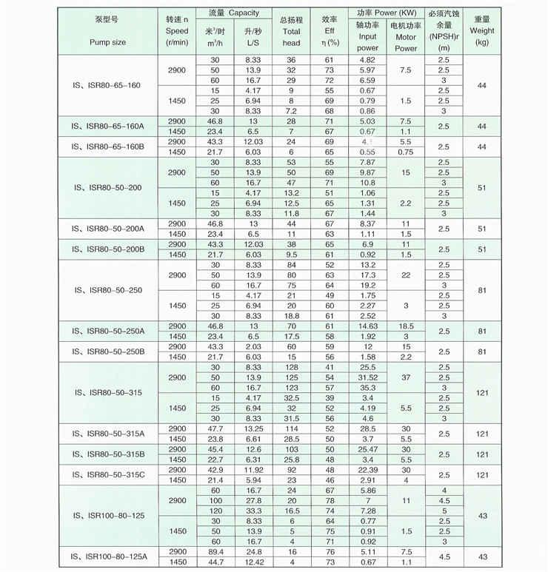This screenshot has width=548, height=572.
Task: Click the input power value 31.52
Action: click(367, 377)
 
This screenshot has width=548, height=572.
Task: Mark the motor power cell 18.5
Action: click(406, 326)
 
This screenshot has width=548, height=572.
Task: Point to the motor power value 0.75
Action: click(406, 152)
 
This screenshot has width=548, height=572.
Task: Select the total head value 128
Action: click(291, 367)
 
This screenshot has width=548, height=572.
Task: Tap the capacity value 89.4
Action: click(215, 552)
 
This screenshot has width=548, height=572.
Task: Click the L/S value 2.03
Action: click(253, 346)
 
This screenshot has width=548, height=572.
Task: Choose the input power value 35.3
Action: click(367, 388)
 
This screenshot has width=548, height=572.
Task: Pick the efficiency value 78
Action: click(330, 501)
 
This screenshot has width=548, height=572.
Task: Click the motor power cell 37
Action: click(406, 377)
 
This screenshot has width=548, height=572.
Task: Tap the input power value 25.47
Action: click(367, 449)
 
